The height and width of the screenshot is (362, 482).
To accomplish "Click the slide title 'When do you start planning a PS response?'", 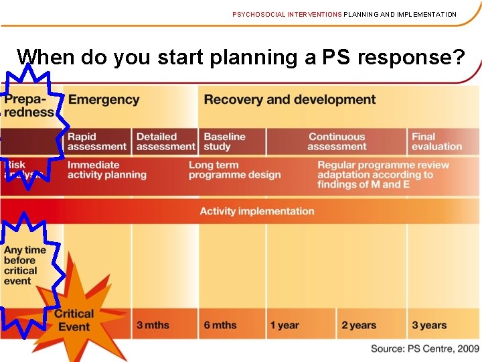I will [x=240, y=58].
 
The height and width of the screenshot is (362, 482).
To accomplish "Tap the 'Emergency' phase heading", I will [x=104, y=100].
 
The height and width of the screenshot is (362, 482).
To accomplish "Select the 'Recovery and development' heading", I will [x=289, y=100].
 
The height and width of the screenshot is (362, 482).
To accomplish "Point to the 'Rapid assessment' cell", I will [x=96, y=141].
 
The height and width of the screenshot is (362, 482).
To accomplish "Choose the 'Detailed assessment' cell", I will [x=165, y=141].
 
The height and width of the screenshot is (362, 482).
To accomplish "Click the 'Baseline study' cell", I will [x=224, y=141].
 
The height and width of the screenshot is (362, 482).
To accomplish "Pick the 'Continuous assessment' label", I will [x=337, y=141].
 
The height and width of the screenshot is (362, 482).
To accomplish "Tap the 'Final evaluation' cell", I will [x=436, y=141].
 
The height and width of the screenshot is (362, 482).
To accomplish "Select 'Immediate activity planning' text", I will [x=106, y=170].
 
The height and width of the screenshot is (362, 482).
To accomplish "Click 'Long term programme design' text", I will [x=234, y=170].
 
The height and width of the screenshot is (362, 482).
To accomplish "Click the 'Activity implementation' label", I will [x=256, y=211].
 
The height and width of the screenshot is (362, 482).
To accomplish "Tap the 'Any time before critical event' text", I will [x=25, y=265].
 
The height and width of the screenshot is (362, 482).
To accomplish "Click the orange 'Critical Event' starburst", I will [x=74, y=320].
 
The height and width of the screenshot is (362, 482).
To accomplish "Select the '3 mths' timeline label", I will [x=153, y=325].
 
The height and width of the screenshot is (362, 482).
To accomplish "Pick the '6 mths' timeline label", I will [x=220, y=325].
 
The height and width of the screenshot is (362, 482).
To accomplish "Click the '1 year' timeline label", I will [x=285, y=325].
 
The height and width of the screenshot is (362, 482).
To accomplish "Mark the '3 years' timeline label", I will [x=428, y=325].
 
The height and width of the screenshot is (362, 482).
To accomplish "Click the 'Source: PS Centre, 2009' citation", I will [x=425, y=349].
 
